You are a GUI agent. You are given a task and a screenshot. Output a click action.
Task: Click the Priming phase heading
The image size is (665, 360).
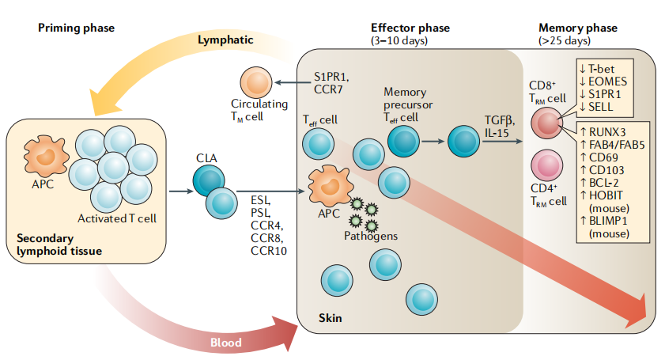coord(76,28)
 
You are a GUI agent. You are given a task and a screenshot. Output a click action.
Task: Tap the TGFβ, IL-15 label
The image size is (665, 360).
coord(498,125)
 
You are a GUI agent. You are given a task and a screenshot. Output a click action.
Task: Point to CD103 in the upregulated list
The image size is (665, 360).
coord(607,169)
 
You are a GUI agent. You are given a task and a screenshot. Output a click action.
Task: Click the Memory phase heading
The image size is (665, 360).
coord(576,28)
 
